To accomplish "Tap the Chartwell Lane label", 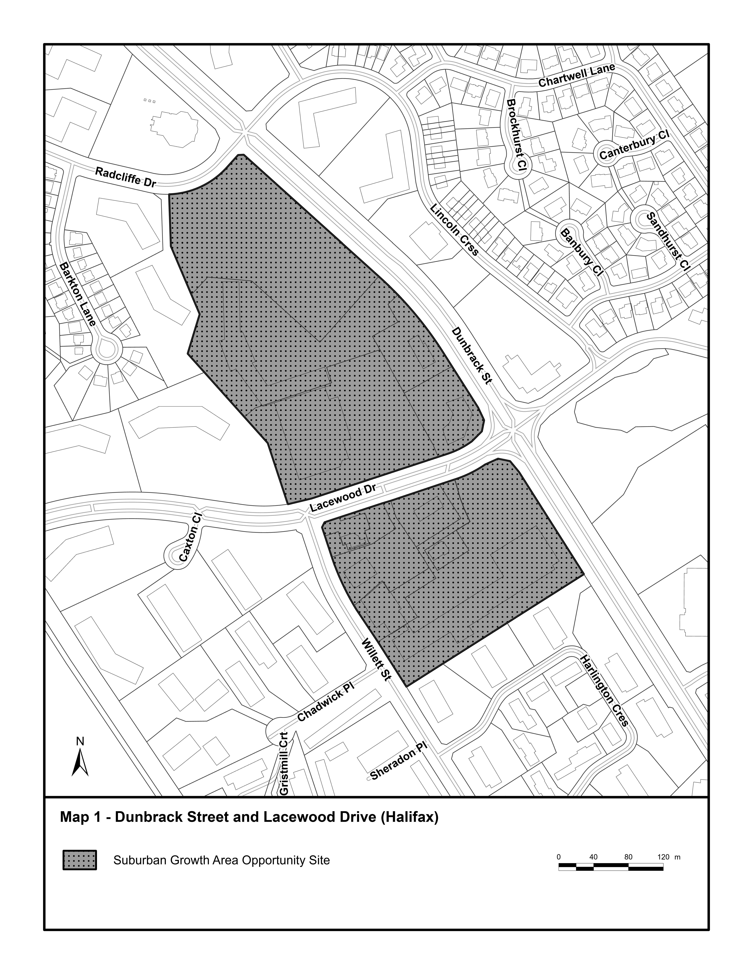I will click(x=577, y=75).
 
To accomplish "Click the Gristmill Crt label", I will click(x=284, y=763).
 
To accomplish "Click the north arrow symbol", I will click(x=80, y=761).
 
